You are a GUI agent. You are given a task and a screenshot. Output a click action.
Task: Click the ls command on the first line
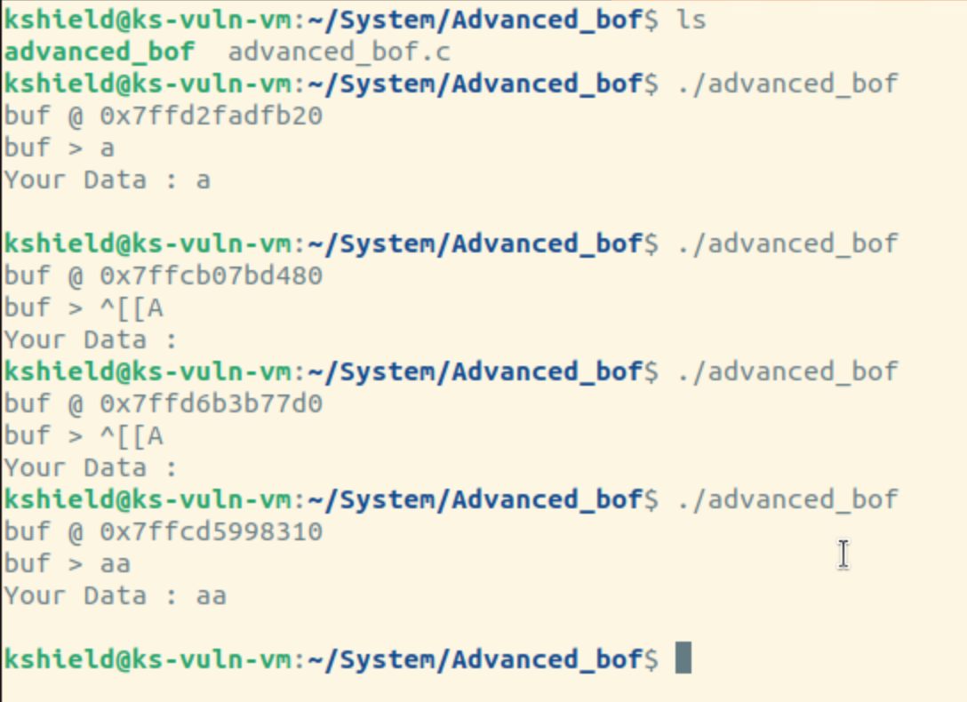click(x=691, y=20)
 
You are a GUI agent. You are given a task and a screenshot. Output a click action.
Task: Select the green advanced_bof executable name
click(x=99, y=52)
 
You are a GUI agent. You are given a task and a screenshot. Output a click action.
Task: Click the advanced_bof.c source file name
click(x=339, y=52)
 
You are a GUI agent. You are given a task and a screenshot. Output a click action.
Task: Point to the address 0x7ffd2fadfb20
click(x=211, y=116)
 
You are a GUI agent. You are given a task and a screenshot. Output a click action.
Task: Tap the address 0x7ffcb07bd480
click(x=211, y=275)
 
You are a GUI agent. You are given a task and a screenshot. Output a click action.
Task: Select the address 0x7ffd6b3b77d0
click(x=211, y=404)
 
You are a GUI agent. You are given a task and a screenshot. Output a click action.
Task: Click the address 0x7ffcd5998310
click(x=211, y=532)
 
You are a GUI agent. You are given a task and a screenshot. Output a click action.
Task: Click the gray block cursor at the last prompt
click(x=683, y=658)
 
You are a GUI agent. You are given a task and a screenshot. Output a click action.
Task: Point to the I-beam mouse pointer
click(x=843, y=554)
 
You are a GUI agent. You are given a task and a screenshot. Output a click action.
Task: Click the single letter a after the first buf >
click(x=108, y=148)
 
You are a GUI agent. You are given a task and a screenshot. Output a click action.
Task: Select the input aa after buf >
click(x=116, y=563)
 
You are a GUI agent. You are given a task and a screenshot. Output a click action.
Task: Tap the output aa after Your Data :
click(x=212, y=595)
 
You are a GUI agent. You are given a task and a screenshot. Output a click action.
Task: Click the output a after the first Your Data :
click(x=204, y=179)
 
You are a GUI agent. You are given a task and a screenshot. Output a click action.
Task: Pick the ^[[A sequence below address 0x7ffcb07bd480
click(x=132, y=308)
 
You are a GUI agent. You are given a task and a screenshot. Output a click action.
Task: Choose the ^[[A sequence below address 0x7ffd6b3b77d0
click(x=132, y=436)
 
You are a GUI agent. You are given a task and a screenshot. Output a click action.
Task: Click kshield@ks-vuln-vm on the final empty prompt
click(x=148, y=659)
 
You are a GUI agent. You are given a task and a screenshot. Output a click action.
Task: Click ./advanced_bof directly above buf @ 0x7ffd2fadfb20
click(x=787, y=84)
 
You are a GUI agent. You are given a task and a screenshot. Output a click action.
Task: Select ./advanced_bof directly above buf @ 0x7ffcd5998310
click(x=787, y=499)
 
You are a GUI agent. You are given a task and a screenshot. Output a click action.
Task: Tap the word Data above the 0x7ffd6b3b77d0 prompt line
click(x=116, y=339)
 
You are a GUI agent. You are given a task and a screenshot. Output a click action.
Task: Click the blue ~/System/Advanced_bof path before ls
click(x=476, y=20)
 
